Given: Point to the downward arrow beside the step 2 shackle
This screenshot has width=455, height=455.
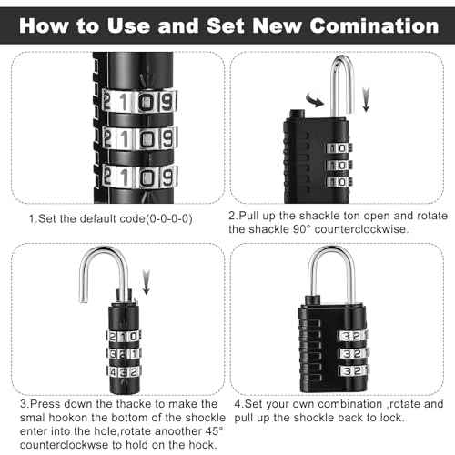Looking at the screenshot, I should tap(366, 96).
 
